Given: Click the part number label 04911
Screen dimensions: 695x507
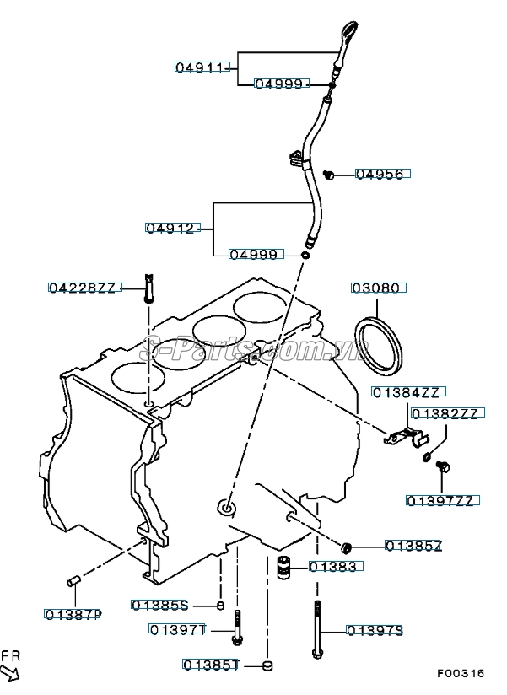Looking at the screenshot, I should [x=202, y=66].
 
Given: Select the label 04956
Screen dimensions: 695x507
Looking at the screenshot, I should [x=383, y=174].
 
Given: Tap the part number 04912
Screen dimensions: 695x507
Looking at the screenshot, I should [x=172, y=228].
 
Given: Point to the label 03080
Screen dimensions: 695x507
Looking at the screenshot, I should [x=379, y=288].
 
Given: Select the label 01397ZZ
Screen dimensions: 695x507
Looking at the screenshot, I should [x=443, y=500].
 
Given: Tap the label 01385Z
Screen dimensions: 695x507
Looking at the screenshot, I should [x=414, y=546].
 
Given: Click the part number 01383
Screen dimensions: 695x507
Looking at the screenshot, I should [x=337, y=567].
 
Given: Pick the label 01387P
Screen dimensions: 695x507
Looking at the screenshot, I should [x=73, y=614].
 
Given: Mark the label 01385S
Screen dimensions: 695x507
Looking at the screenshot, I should [x=160, y=605].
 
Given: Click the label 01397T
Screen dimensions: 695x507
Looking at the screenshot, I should [x=177, y=629].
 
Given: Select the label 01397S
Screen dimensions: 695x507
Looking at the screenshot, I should [x=375, y=630].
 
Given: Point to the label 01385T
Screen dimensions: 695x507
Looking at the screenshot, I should [x=211, y=665].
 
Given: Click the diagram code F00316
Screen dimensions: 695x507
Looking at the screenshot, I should [x=461, y=674].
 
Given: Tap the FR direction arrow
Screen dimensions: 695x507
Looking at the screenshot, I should [x=12, y=671].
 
